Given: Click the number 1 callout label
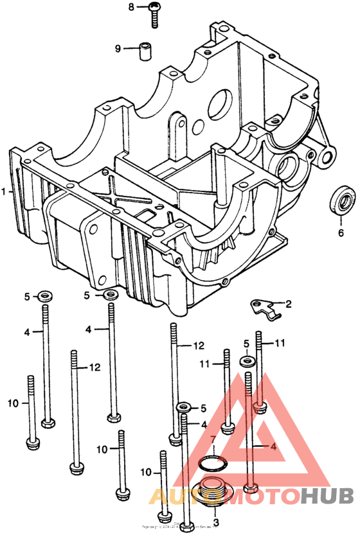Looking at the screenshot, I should click(4, 191).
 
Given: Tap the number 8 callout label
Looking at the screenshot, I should click(131, 7).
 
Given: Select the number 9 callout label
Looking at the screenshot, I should click(118, 49).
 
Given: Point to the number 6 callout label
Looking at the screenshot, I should click(341, 232).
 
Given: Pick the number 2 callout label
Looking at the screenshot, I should click(288, 303).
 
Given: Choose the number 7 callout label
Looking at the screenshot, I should click(213, 439).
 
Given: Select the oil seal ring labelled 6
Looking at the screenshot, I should click(340, 198).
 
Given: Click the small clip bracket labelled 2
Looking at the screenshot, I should click(265, 308).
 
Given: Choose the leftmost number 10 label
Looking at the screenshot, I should click(14, 403).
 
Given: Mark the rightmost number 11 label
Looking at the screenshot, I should click(280, 344).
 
